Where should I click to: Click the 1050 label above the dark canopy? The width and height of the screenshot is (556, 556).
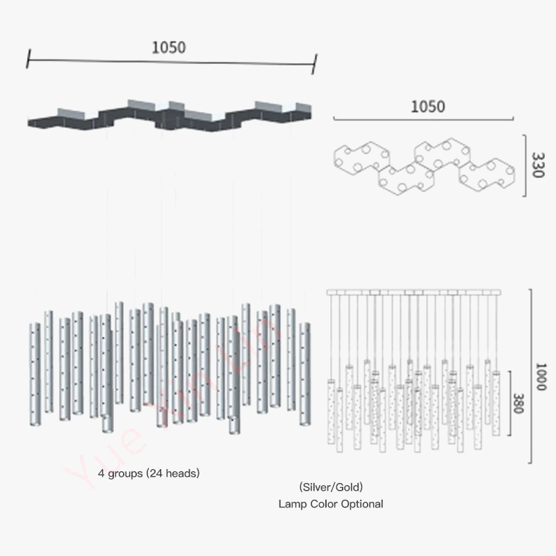pyautogui.click(x=169, y=47)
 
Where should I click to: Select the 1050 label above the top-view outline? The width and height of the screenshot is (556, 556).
pyautogui.click(x=427, y=106)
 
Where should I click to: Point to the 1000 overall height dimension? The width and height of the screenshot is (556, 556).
pyautogui.click(x=541, y=376)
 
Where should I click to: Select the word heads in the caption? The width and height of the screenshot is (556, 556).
pyautogui.click(x=181, y=473)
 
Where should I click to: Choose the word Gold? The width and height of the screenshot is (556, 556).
pyautogui.click(x=347, y=487)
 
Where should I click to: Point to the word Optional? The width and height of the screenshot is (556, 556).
pyautogui.click(x=360, y=504)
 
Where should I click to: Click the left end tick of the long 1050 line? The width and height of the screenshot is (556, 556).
pyautogui.click(x=27, y=58)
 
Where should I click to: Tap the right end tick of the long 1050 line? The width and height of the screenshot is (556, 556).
pyautogui.click(x=315, y=64)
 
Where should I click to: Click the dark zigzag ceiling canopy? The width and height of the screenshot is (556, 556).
pyautogui.click(x=167, y=120)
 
